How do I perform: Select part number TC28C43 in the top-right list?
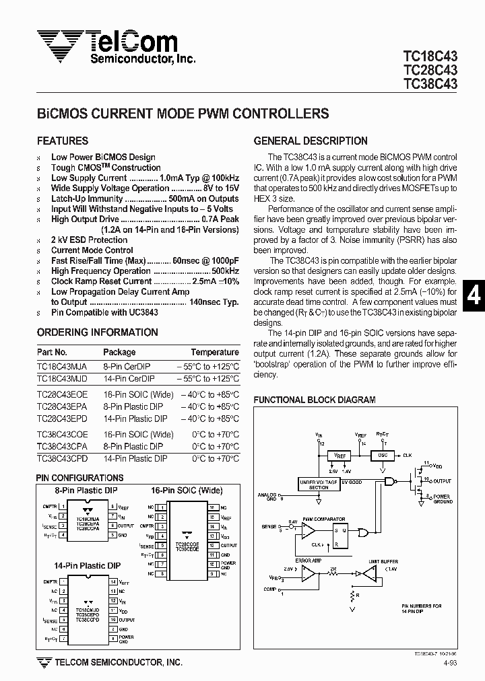click(430, 71)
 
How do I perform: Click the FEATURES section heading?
click(63, 141)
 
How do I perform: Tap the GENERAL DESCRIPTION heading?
click(311, 141)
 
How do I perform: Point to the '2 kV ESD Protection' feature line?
click(89, 240)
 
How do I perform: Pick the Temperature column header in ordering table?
click(214, 352)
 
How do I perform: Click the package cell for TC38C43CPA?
click(133, 446)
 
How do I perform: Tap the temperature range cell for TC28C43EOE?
click(210, 394)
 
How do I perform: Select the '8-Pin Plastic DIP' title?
click(86, 491)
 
